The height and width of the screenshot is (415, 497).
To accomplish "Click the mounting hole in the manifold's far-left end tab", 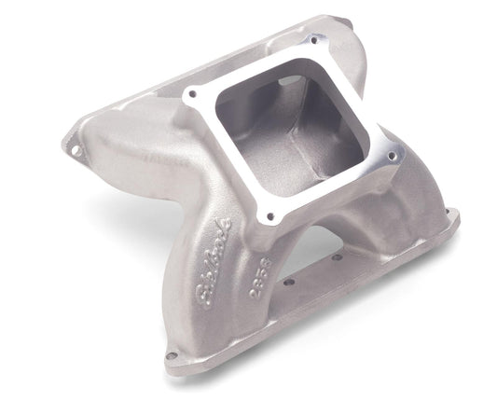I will tap(68, 145).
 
